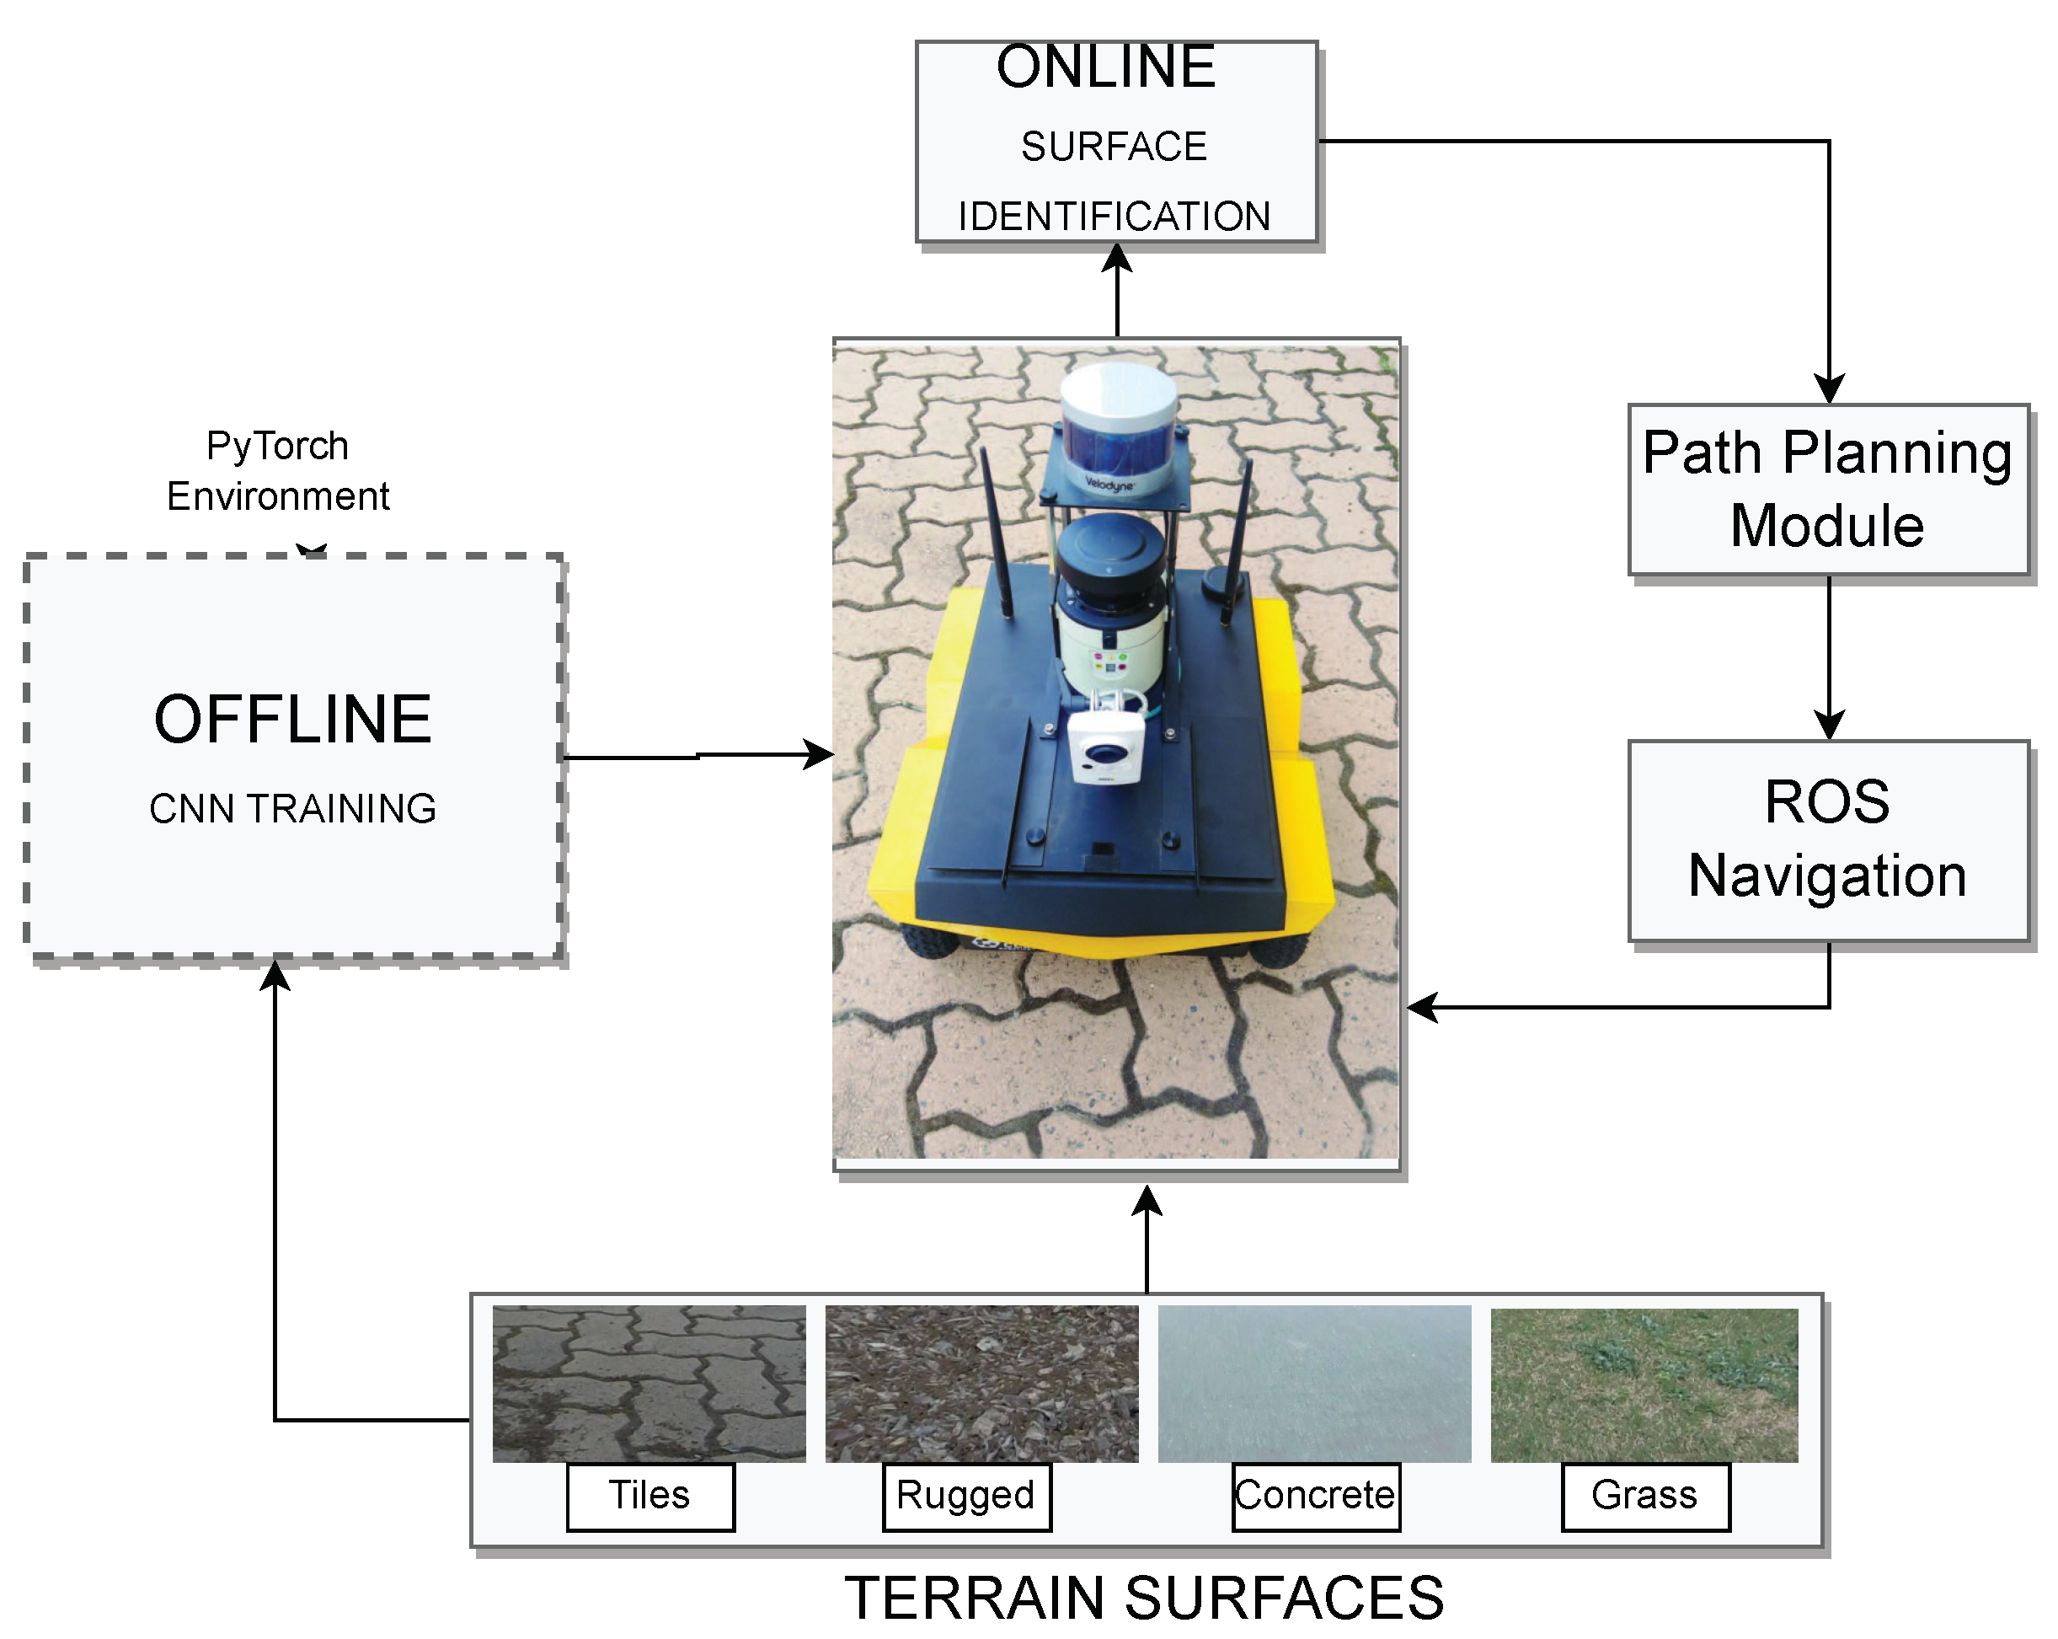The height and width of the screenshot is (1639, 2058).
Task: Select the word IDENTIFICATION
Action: [x=1114, y=217]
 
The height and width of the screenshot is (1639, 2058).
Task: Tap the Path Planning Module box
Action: [x=1828, y=490]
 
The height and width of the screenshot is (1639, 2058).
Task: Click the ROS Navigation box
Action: [x=1828, y=841]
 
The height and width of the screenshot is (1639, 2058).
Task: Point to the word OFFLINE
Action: [x=292, y=719]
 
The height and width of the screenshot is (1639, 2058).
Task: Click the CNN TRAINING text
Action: [x=292, y=808]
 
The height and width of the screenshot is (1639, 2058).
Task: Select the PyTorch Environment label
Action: [x=278, y=470]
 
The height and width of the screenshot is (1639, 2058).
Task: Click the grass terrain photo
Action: [x=1644, y=1385]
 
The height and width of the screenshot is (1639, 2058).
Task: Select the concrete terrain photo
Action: [x=1314, y=1385]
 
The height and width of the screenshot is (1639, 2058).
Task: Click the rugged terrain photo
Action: [x=981, y=1385]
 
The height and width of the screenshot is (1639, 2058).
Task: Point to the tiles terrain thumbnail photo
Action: [x=649, y=1385]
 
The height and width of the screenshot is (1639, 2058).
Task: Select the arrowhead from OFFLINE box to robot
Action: [x=818, y=754]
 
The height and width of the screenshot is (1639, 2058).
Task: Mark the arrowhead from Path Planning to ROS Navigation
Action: [x=1829, y=725]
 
